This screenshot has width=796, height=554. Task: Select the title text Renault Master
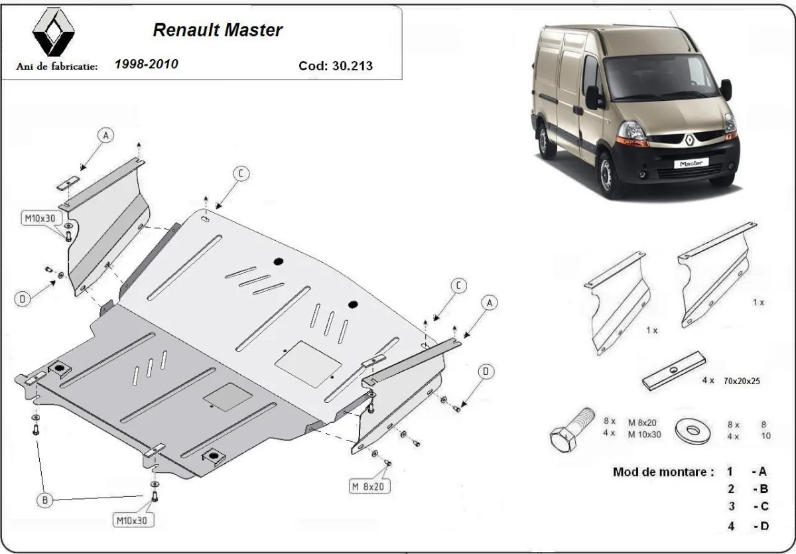(x=218, y=30)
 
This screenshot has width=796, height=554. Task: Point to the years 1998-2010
(x=146, y=64)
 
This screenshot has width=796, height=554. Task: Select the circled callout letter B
(x=44, y=501)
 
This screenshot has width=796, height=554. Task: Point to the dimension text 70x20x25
(x=742, y=381)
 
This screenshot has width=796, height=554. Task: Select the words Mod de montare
(x=663, y=472)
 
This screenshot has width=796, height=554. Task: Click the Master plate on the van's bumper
(x=692, y=162)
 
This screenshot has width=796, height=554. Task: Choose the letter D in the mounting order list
(x=762, y=527)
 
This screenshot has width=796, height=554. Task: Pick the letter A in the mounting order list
(x=762, y=472)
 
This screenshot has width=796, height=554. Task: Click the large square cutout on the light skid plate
(x=308, y=363)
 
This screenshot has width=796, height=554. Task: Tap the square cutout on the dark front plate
(x=228, y=397)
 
